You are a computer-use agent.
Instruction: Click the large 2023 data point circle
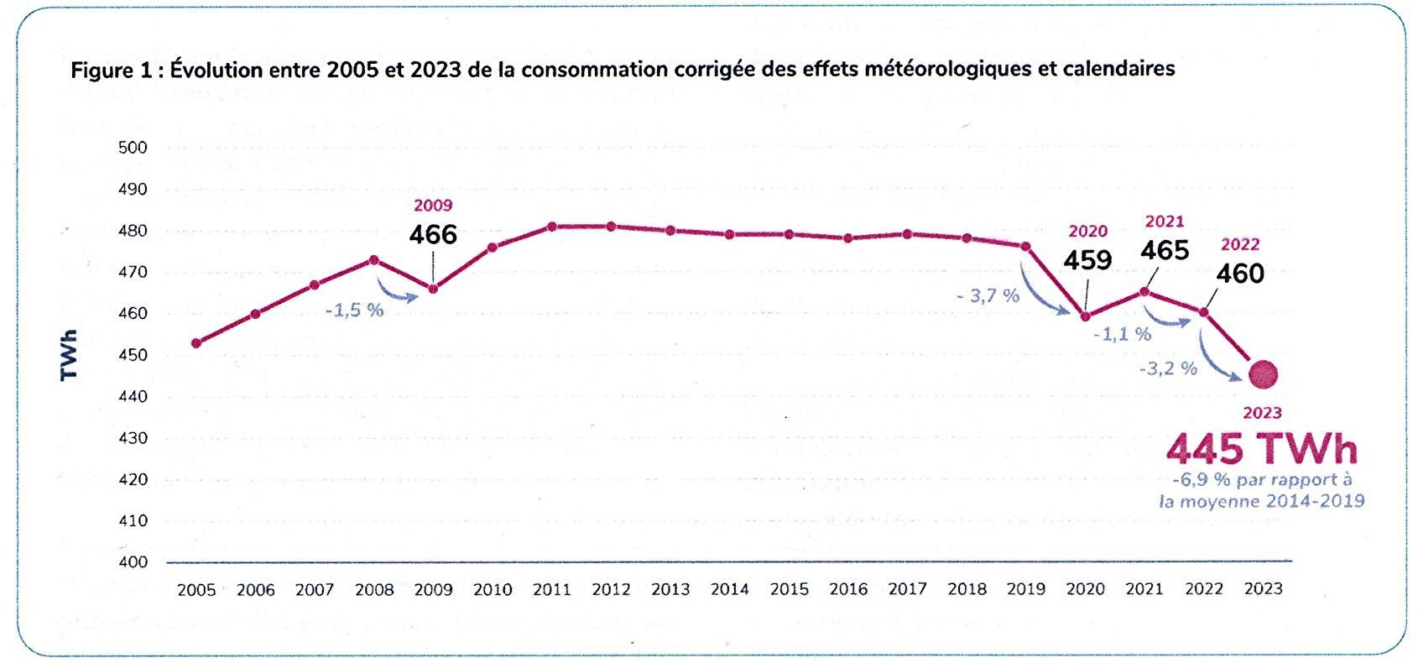1263,374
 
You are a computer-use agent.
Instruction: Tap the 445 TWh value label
1261,450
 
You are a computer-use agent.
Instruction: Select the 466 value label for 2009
433,234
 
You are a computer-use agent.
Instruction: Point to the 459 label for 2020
1087,260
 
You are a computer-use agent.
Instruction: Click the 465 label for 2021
1165,250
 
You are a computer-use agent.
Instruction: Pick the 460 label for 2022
1240,273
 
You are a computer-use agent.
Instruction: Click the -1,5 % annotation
355,310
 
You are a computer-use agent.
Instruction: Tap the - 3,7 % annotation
988,295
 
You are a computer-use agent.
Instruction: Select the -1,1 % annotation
1122,334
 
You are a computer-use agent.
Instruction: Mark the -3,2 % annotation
1168,368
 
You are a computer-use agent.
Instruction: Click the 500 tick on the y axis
133,148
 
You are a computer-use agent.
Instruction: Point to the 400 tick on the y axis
133,562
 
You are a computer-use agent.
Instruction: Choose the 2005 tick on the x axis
196,590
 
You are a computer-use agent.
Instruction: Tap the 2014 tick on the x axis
730,590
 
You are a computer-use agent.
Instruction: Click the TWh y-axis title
69,355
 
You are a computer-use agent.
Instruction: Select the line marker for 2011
552,227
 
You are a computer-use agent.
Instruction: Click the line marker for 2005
196,343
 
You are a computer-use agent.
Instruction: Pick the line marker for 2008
374,260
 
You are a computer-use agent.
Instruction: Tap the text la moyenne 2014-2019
1261,502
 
